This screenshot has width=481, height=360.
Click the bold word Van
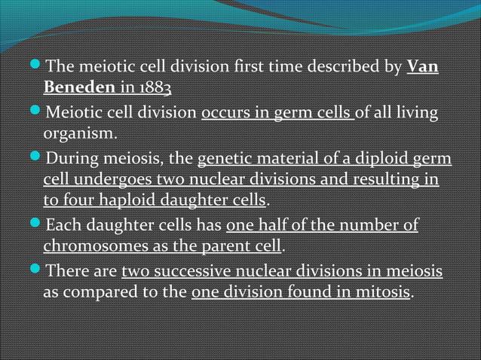(422, 69)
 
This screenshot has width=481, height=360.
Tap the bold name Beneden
(72, 88)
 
